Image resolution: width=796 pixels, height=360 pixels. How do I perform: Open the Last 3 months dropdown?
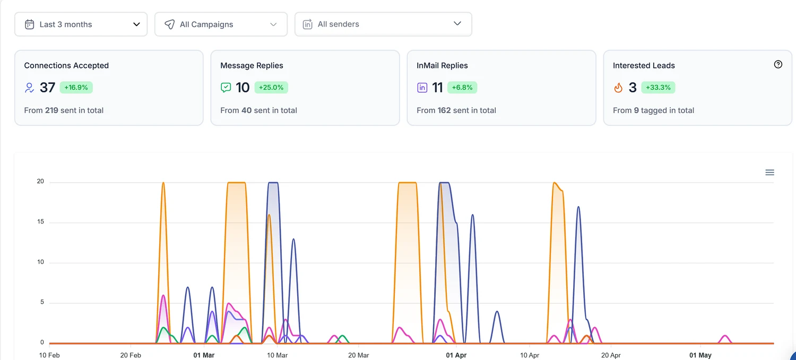[81, 24]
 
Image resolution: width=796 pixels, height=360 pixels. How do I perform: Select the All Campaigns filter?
[221, 24]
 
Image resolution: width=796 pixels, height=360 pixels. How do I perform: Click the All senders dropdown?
[383, 24]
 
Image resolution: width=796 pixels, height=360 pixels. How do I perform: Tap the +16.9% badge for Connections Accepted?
[76, 88]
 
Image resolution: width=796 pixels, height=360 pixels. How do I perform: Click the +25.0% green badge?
[271, 88]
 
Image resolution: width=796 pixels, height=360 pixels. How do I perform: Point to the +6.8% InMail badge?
[462, 88]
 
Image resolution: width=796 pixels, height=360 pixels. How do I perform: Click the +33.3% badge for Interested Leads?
[658, 88]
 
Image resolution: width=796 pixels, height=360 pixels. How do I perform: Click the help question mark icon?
[778, 64]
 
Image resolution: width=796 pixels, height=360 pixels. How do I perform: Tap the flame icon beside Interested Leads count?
[618, 88]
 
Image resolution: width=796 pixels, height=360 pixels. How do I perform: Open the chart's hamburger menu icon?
[769, 173]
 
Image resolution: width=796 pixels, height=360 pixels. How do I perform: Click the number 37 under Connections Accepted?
[47, 88]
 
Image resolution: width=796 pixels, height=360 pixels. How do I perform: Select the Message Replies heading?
[252, 65]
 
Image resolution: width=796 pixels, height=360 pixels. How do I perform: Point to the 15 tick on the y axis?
[40, 221]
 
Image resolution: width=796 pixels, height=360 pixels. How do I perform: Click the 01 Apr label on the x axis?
[456, 355]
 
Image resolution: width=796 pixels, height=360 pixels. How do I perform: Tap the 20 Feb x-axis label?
[131, 355]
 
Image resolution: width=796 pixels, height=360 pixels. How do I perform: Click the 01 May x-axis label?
[700, 355]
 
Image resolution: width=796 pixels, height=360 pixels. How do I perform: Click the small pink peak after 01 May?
[725, 336]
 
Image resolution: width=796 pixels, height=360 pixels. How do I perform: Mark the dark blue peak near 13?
[293, 239]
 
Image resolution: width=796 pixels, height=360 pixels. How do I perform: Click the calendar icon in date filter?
[30, 24]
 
